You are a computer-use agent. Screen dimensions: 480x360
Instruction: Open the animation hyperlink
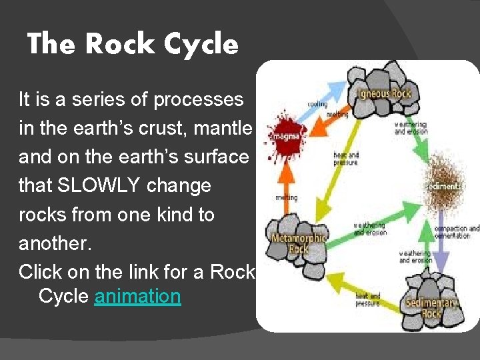137,295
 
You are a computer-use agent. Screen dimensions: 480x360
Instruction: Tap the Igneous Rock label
384,93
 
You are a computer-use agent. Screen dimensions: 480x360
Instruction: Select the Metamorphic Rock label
298,244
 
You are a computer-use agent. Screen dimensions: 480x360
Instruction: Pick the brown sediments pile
443,183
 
